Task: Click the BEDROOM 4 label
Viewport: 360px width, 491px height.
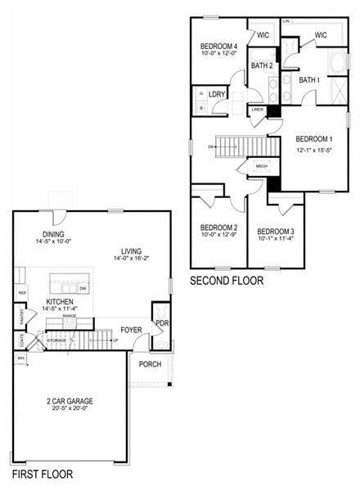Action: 219,46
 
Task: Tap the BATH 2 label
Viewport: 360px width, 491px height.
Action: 262,65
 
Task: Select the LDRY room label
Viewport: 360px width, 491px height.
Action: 217,95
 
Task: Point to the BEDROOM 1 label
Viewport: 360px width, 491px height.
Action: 314,138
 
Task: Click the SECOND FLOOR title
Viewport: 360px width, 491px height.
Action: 227,281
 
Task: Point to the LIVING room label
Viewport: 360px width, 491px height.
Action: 131,251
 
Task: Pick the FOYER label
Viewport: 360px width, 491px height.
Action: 132,331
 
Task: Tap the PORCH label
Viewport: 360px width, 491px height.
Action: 151,364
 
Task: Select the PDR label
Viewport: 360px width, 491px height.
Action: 161,323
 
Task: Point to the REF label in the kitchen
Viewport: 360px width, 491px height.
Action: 22,292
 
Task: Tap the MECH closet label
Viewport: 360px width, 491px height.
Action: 262,167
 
